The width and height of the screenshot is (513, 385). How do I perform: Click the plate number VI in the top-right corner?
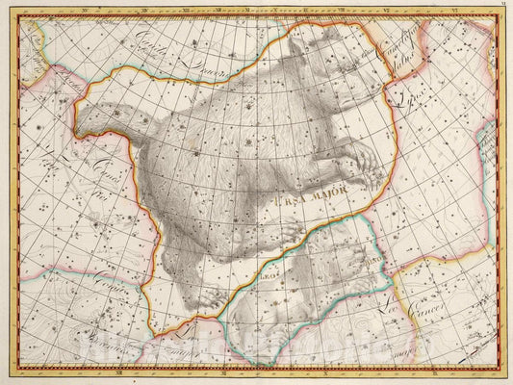(504, 5)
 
